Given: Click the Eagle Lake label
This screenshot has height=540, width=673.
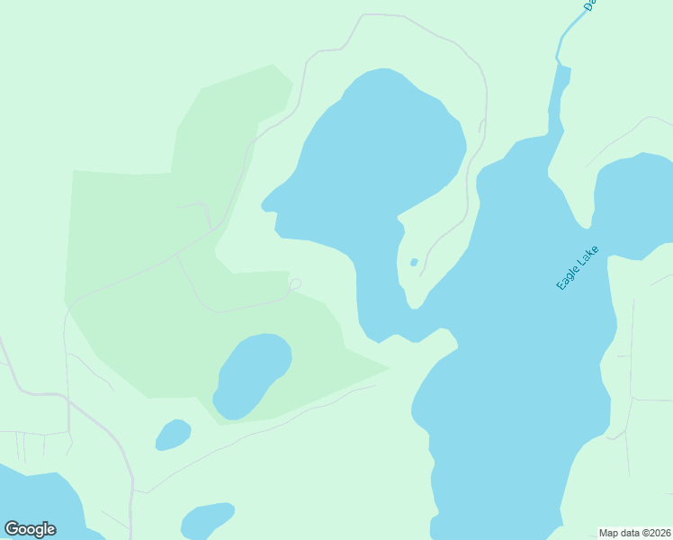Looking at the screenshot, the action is (x=577, y=267).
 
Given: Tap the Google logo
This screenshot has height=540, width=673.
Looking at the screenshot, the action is (x=30, y=529).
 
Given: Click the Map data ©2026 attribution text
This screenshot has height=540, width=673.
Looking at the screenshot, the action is (x=635, y=533).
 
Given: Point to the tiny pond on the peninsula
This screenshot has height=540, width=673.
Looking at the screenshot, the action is (x=414, y=263).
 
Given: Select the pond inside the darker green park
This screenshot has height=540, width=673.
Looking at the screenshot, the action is (x=253, y=373).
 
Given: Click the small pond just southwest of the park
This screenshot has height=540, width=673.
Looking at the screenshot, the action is (x=173, y=435).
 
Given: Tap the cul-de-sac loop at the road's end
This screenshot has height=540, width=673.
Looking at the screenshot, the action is (x=294, y=284).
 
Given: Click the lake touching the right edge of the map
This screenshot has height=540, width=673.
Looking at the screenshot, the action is (x=639, y=202).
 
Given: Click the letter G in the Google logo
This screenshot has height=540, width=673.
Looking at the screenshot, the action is (x=12, y=529).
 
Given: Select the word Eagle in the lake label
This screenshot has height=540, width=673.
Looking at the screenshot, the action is (x=568, y=278).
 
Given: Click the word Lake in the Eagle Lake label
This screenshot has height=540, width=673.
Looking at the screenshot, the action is (x=588, y=255).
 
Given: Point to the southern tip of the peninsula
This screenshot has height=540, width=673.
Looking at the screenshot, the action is (x=415, y=305).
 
